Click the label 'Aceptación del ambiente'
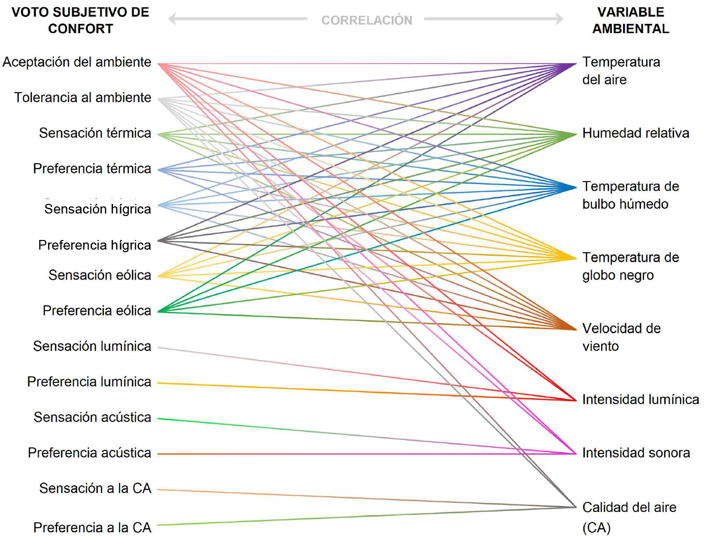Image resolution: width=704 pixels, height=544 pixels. pos(77,62)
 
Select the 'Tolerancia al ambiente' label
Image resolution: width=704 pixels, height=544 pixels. pos(82,98)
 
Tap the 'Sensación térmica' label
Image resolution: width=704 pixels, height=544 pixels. pos(95,133)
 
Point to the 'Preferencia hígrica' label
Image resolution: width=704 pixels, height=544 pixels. pos(95,246)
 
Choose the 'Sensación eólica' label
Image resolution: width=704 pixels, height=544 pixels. pos(100,275)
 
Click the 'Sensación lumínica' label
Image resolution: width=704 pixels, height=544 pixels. pos(93,346)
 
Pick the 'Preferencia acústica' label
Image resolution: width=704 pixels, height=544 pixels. pos(90,452)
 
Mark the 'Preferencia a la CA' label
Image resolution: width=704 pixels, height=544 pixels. pos(93,528)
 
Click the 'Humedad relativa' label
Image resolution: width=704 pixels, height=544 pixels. pos(636,133)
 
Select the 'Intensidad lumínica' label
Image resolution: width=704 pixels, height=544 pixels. pos(640,400)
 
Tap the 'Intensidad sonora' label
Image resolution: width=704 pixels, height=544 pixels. pos(636,452)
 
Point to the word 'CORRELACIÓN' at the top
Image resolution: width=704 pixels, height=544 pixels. pos(367,20)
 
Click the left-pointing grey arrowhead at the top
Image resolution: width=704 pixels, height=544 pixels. pos(172,19)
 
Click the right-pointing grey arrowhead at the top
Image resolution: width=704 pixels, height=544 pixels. pos(560,19)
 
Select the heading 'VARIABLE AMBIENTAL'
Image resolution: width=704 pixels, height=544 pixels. pos(631,20)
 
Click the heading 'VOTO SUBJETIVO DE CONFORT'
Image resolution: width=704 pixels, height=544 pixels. pos(80,20)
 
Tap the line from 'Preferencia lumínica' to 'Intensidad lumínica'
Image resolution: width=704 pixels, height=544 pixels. pos(367,392)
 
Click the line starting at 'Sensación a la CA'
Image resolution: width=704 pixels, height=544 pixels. pos(367,498)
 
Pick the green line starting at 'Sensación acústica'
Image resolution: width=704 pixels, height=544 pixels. pos(367,436)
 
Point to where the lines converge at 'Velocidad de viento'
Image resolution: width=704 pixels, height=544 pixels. pos(576,329)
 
